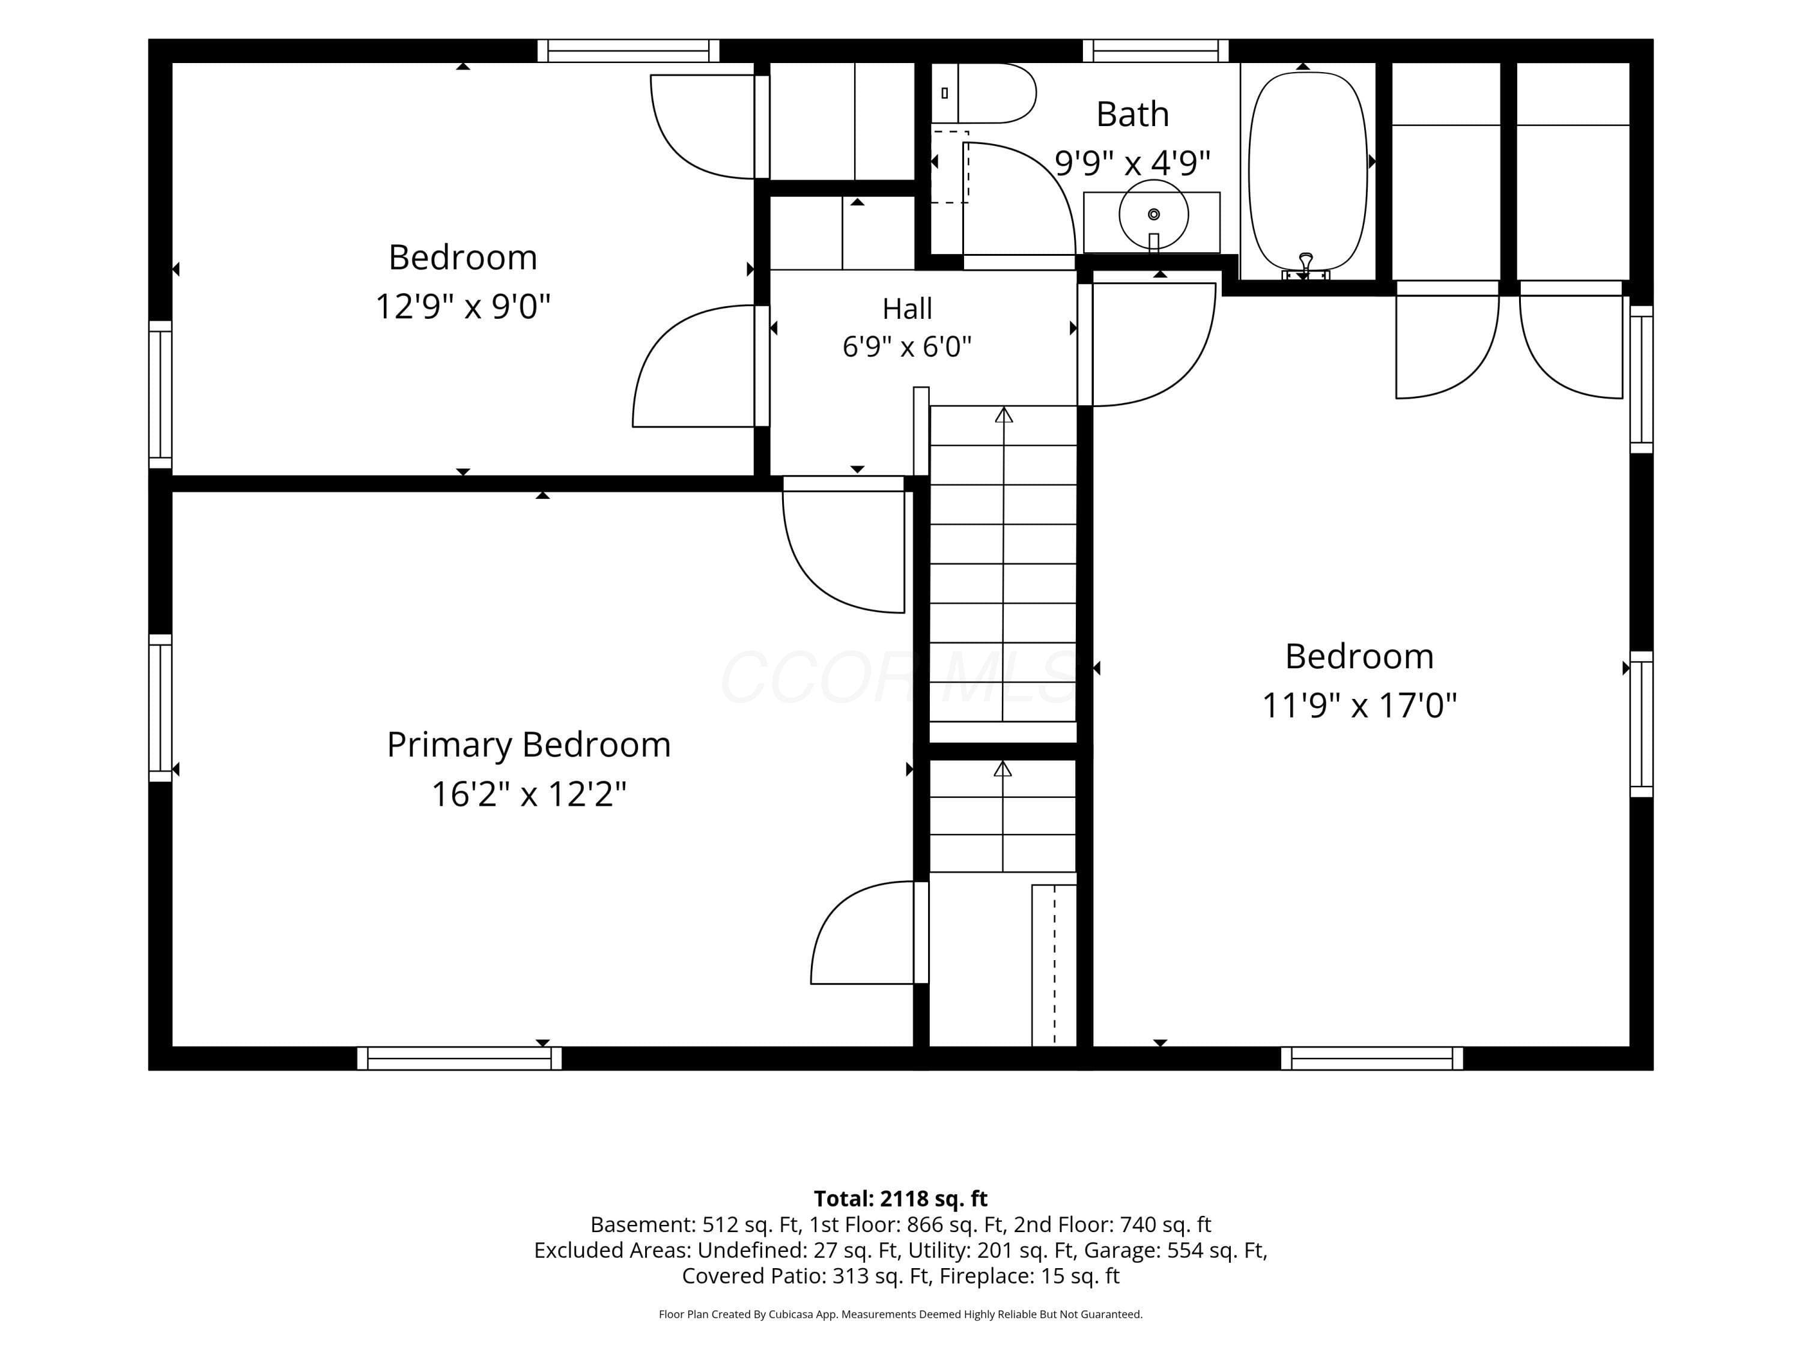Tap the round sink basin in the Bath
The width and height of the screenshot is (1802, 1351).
pyautogui.click(x=1153, y=214)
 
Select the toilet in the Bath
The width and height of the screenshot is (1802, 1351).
pyautogui.click(x=983, y=93)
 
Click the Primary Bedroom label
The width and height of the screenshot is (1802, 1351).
pyautogui.click(x=529, y=745)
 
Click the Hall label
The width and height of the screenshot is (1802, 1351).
pyautogui.click(x=906, y=309)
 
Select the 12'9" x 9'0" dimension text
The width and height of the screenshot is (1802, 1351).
pyautogui.click(x=463, y=307)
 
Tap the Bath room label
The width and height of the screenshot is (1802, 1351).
pyautogui.click(x=1132, y=114)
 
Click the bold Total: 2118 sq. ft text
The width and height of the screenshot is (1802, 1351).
pyautogui.click(x=900, y=1198)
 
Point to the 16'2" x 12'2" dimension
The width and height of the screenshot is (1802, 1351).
pyautogui.click(x=529, y=794)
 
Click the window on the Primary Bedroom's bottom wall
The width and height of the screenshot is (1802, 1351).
pyautogui.click(x=460, y=1058)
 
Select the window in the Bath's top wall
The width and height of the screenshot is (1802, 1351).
pyautogui.click(x=1155, y=50)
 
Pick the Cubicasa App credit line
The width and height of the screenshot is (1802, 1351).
pyautogui.click(x=900, y=1314)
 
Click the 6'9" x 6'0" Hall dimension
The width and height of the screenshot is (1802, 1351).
pyautogui.click(x=906, y=347)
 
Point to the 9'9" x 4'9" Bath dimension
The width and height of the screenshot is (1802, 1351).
pyautogui.click(x=1132, y=163)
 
